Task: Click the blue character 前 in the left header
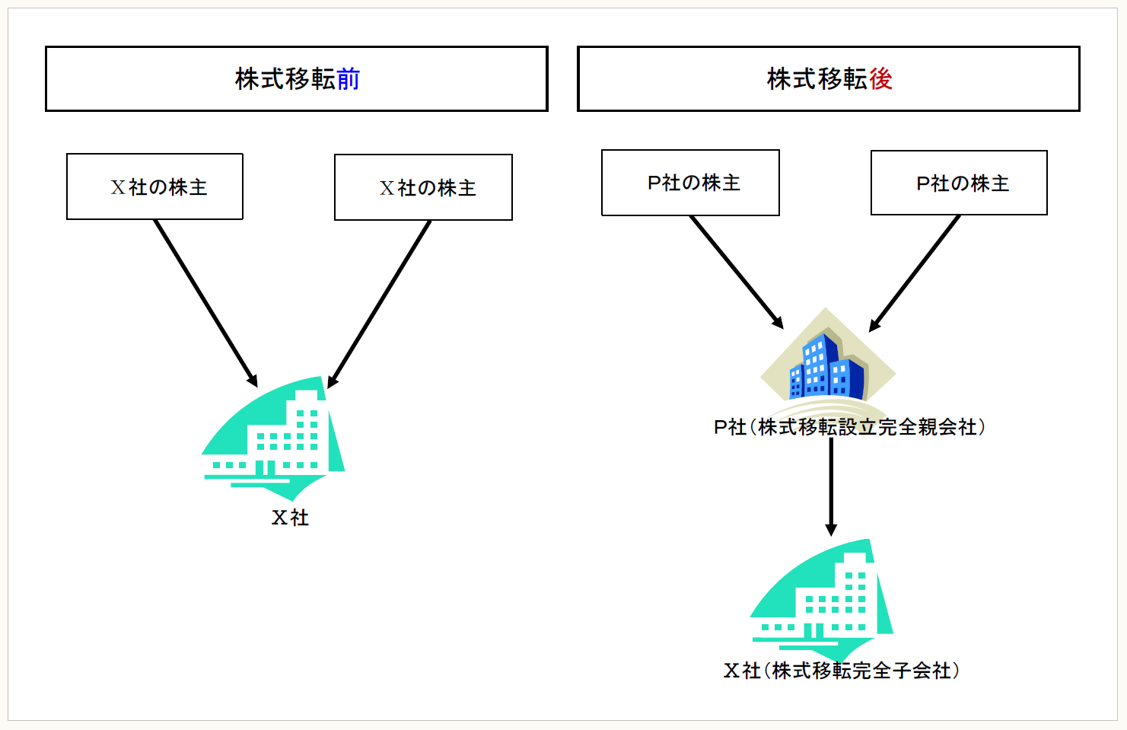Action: (348, 79)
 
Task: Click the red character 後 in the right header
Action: (880, 79)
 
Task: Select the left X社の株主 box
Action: (155, 186)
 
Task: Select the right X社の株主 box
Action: (423, 187)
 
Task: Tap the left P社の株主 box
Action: (690, 183)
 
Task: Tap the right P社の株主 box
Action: (959, 183)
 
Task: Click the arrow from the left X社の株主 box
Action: (205, 302)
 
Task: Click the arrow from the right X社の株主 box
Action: (380, 303)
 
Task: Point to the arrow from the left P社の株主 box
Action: (736, 271)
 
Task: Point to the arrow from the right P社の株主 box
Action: (915, 273)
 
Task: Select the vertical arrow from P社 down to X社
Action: (831, 483)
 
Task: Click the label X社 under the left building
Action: (290, 518)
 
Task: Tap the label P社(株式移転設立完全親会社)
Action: (849, 427)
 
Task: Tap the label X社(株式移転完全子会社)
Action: (841, 671)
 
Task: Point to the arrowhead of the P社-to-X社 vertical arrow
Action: (831, 530)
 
